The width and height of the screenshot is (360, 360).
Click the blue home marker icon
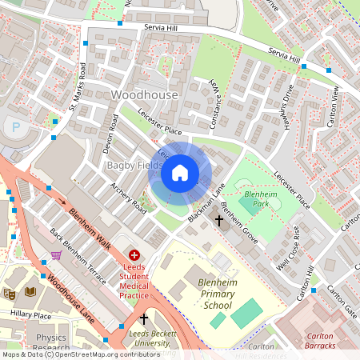180,173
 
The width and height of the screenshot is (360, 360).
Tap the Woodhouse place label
144,95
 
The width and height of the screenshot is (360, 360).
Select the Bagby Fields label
130,165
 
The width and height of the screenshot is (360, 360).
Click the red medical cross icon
134,254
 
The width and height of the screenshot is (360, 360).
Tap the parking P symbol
14,126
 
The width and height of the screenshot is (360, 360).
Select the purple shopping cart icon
56,255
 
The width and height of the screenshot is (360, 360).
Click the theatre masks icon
10,293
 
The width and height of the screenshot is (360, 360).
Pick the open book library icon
30,292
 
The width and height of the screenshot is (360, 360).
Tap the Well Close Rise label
287,247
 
